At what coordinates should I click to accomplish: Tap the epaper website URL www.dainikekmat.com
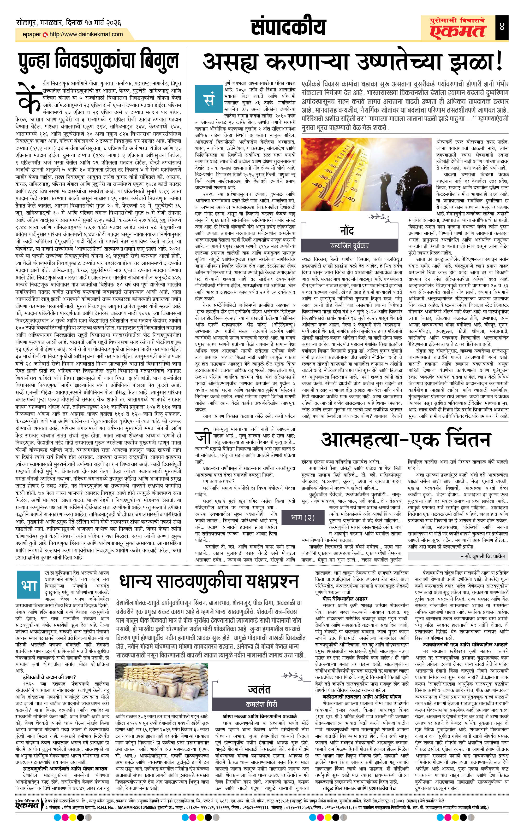pyautogui.click(x=86, y=34)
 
